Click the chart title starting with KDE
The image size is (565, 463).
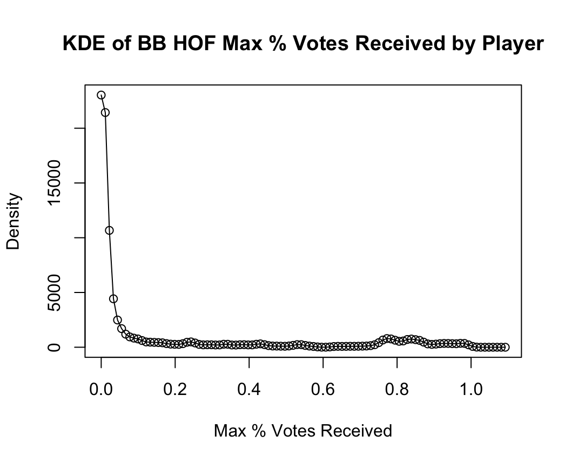(302, 43)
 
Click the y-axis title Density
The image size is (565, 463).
(14, 221)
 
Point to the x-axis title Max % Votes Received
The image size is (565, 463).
(302, 431)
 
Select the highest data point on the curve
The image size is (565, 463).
(101, 95)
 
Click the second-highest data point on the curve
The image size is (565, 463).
(105, 112)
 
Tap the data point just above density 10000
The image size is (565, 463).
(109, 230)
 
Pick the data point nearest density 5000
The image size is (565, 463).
(113, 299)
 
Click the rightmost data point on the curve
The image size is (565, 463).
(505, 347)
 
